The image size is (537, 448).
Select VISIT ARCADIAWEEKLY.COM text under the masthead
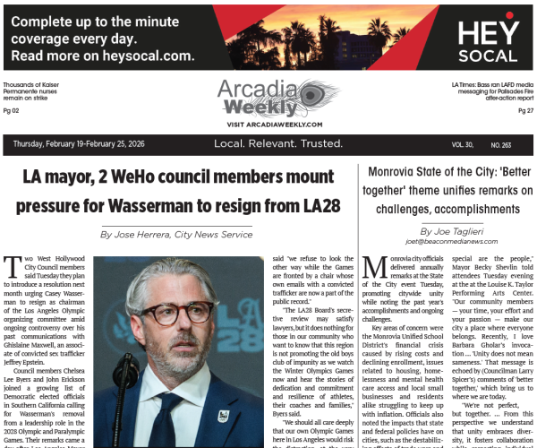(x=268, y=124)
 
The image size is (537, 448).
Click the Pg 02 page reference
(x=12, y=110)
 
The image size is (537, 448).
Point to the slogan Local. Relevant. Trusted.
(x=268, y=144)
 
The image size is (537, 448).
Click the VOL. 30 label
(x=463, y=144)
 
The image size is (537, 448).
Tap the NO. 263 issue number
(x=502, y=144)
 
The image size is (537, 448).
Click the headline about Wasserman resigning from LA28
(x=182, y=193)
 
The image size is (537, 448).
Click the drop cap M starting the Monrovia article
(x=377, y=267)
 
